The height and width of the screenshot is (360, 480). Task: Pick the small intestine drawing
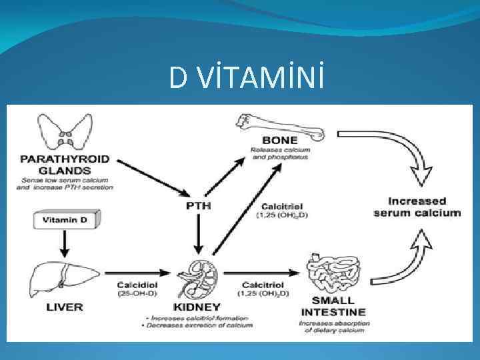333,274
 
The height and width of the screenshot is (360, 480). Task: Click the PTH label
197,206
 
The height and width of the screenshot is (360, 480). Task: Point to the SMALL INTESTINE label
333,306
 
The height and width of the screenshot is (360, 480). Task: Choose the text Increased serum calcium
426,207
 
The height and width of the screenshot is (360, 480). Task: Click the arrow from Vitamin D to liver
63,243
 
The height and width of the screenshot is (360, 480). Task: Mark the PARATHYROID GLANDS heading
65,164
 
